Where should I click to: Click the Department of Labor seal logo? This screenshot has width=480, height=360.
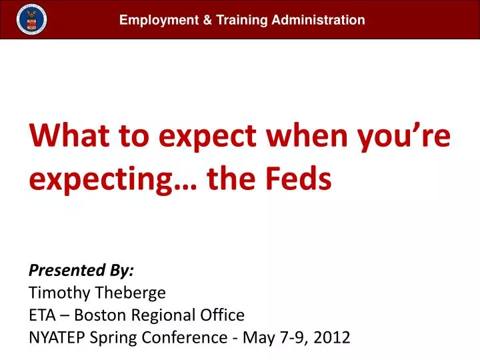(32, 19)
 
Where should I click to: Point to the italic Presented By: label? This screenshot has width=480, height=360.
(81, 270)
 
